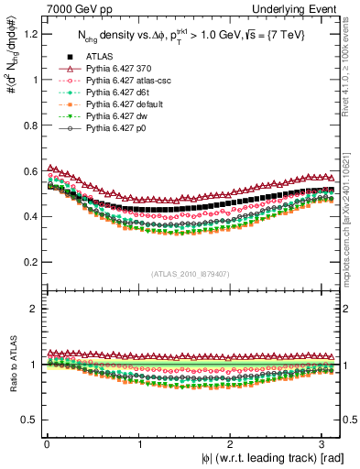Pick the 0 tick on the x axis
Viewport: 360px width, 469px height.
pos(47,444)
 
